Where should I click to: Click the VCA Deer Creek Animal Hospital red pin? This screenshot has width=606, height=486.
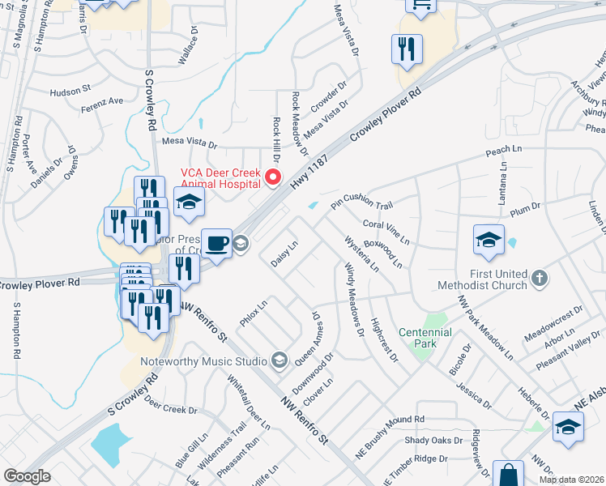273,176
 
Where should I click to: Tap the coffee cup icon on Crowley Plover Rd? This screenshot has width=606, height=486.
216,243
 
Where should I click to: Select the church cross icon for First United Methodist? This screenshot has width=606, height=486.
538,280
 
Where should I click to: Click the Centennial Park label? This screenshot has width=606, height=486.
417,338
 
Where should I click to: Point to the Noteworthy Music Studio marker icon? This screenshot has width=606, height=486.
280,360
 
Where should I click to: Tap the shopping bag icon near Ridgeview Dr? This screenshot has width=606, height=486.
508,475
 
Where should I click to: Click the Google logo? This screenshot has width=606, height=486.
27,476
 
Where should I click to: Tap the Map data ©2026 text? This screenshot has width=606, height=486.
571,480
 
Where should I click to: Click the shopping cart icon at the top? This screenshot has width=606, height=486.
421,6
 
